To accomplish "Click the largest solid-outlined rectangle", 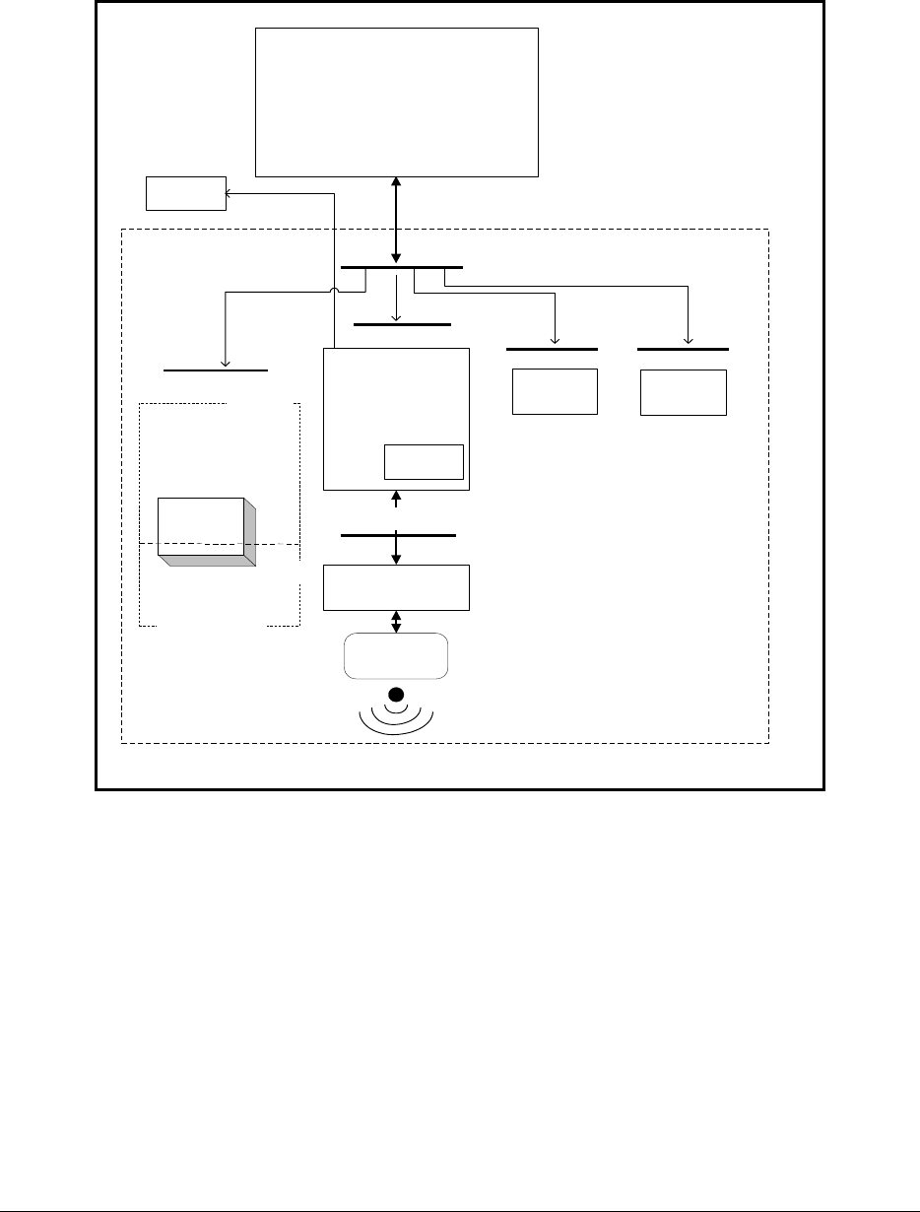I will click(x=397, y=101).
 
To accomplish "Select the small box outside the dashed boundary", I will click(x=185, y=193).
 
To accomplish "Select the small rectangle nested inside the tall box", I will click(x=423, y=461).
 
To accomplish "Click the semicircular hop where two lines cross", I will click(x=335, y=291).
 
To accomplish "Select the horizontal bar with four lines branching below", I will click(x=401, y=267).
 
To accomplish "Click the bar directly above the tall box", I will click(x=402, y=324).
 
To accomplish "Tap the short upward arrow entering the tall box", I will click(x=397, y=499).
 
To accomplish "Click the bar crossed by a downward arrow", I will click(x=398, y=535).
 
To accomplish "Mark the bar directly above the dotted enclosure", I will click(x=216, y=370).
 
